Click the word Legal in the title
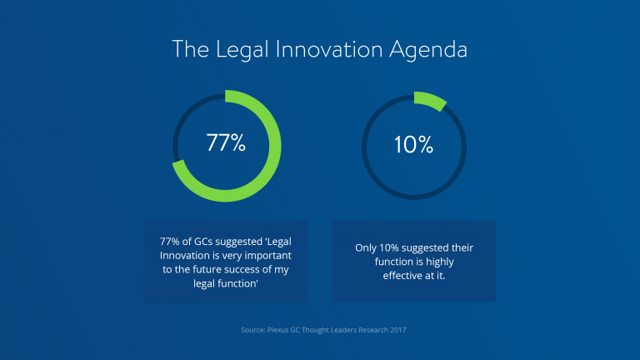pos(242,50)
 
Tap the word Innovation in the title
pos(329,50)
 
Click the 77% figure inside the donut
pos(226,142)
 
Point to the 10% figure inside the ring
pos(413,145)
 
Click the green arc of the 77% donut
pos(276,146)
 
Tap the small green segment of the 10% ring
pos(431,100)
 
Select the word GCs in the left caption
pos(203,242)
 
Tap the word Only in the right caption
pos(366,248)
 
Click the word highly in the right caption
pos(440,262)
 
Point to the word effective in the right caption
pos(402,276)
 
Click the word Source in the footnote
pos(253,330)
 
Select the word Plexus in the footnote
pos(278,330)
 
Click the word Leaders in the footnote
pos(343,330)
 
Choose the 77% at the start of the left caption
pos(169,242)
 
